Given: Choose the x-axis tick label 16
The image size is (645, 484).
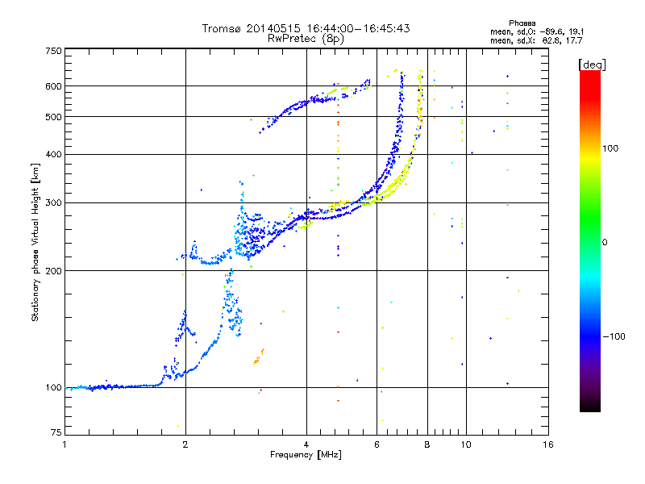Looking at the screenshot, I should [x=548, y=444].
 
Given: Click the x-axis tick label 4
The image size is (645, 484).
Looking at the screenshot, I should [x=306, y=444].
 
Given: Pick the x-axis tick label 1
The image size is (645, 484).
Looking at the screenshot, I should [x=64, y=444].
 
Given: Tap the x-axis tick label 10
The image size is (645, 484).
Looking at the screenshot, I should [x=465, y=444].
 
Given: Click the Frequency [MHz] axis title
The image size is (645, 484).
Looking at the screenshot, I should [x=306, y=456].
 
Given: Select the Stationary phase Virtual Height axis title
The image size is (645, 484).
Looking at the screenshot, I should [x=35, y=242].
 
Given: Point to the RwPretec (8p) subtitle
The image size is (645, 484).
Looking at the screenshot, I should [x=306, y=38].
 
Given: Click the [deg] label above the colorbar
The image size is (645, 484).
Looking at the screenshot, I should [x=593, y=64].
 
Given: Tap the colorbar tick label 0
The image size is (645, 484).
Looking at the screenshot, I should [x=605, y=242].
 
